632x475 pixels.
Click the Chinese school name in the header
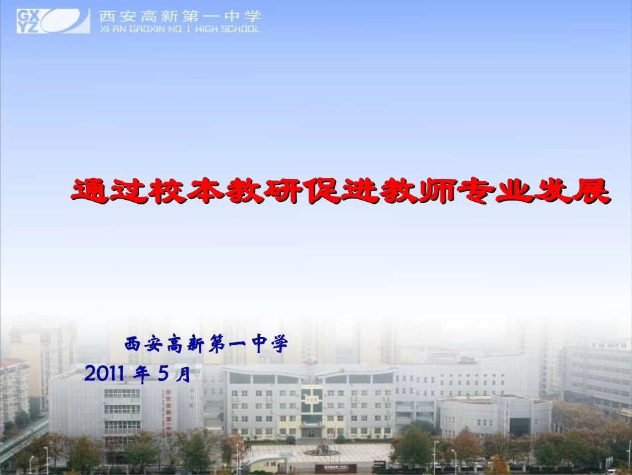[180, 16]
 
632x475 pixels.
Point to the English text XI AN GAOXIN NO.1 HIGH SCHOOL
[180, 29]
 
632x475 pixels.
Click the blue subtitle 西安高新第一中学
[206, 344]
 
